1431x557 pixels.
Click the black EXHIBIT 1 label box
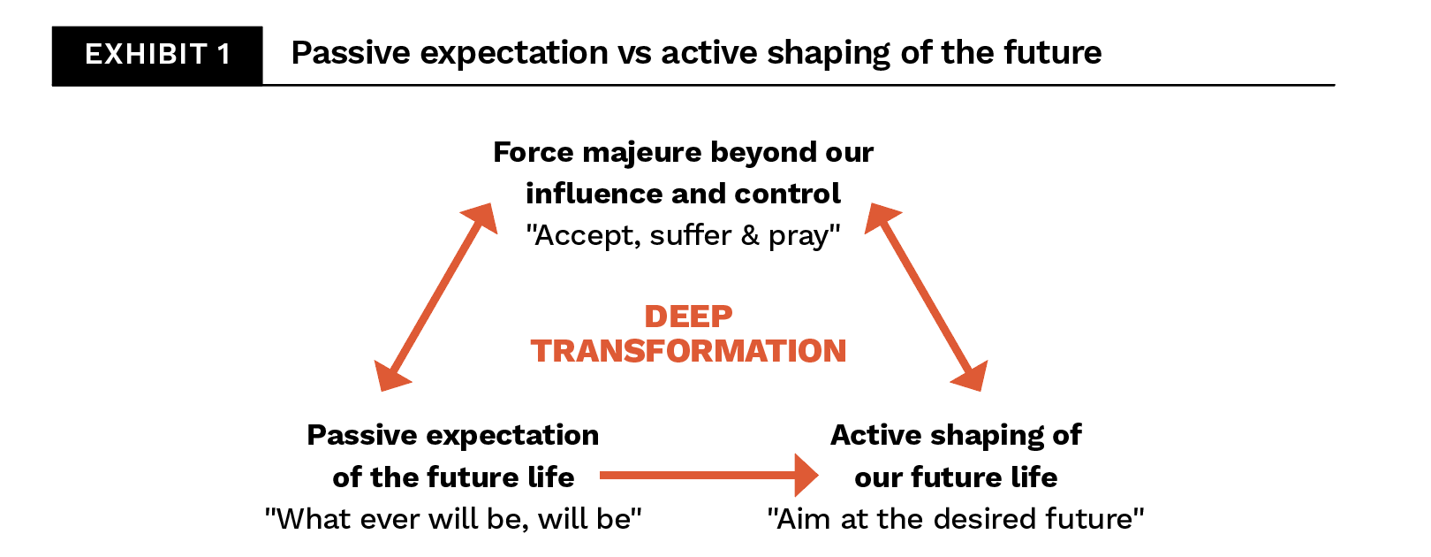point(157,56)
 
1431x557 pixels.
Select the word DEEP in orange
point(688,317)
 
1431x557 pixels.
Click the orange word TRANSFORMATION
point(688,351)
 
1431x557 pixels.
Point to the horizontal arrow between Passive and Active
point(709,475)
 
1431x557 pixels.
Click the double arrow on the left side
point(435,297)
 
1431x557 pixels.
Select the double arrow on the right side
point(926,297)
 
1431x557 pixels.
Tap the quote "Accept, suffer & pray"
point(683,235)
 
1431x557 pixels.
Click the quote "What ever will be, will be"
point(453,519)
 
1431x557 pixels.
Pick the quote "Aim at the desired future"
point(956,519)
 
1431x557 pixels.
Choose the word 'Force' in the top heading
point(534,152)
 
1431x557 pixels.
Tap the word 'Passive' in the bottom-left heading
point(362,436)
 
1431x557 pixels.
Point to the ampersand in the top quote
point(750,235)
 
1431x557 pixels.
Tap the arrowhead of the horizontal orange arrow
point(806,475)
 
